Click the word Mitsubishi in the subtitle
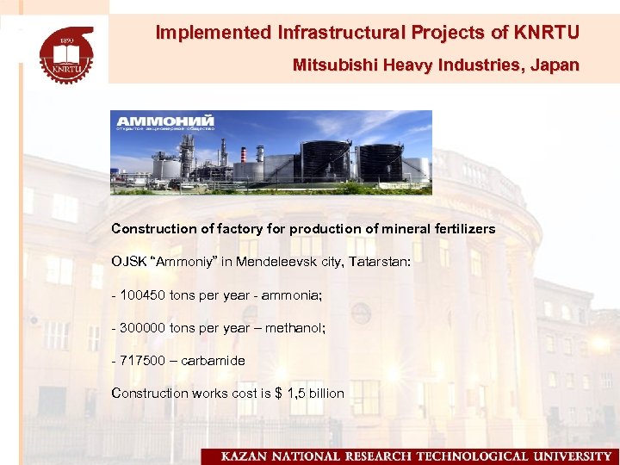[x=328, y=65]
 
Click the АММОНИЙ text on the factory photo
[x=166, y=120]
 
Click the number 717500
[x=143, y=360]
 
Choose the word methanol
[x=295, y=327]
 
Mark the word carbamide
[x=213, y=360]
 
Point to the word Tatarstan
[x=379, y=261]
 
